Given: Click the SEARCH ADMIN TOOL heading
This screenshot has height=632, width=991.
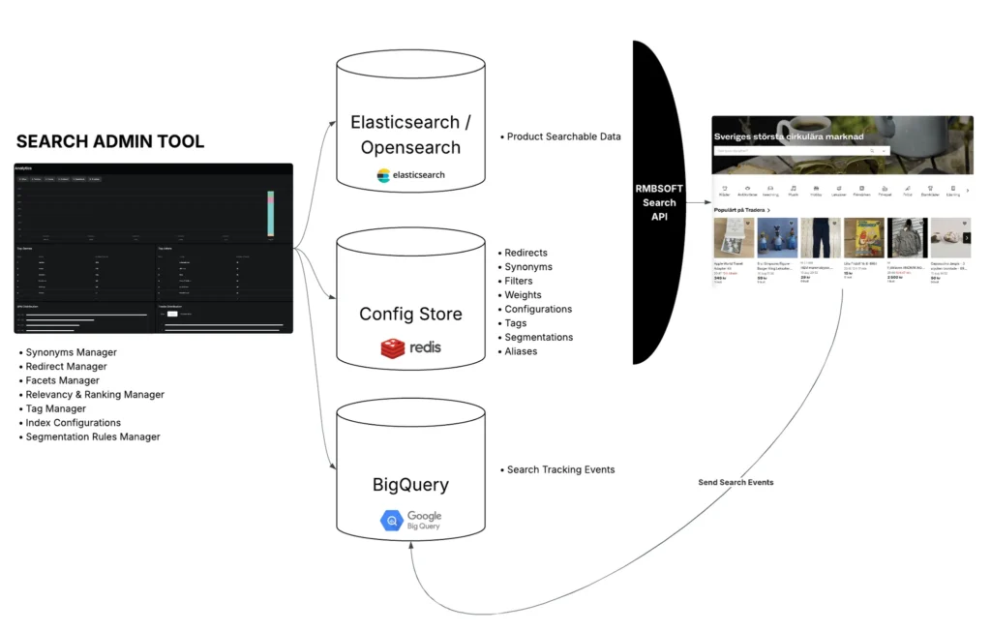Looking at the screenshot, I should tap(110, 141).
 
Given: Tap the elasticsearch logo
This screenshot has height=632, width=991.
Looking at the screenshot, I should tap(410, 175).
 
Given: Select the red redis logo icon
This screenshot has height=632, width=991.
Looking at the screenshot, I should tap(393, 347).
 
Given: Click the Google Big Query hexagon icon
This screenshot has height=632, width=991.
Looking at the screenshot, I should tap(391, 521).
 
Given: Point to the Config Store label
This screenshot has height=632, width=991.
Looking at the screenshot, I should tap(410, 314).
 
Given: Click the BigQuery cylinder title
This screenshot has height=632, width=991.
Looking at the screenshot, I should tap(410, 485).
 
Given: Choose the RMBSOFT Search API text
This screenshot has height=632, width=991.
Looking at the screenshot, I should tap(659, 202).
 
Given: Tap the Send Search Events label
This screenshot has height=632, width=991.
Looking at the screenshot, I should tap(736, 482).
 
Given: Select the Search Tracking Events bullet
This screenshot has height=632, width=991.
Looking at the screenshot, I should tap(560, 469).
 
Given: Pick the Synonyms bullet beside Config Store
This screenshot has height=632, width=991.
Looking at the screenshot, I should tap(527, 267).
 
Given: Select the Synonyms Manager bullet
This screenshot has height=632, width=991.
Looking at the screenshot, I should tap(71, 352).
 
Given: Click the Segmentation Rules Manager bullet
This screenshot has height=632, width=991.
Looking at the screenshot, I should tap(92, 436).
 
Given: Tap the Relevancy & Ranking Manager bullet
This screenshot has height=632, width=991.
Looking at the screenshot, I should tap(94, 395).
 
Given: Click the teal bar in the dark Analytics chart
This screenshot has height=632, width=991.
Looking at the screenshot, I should tap(272, 218).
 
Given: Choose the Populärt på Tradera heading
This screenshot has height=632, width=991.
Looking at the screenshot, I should tap(741, 209).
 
